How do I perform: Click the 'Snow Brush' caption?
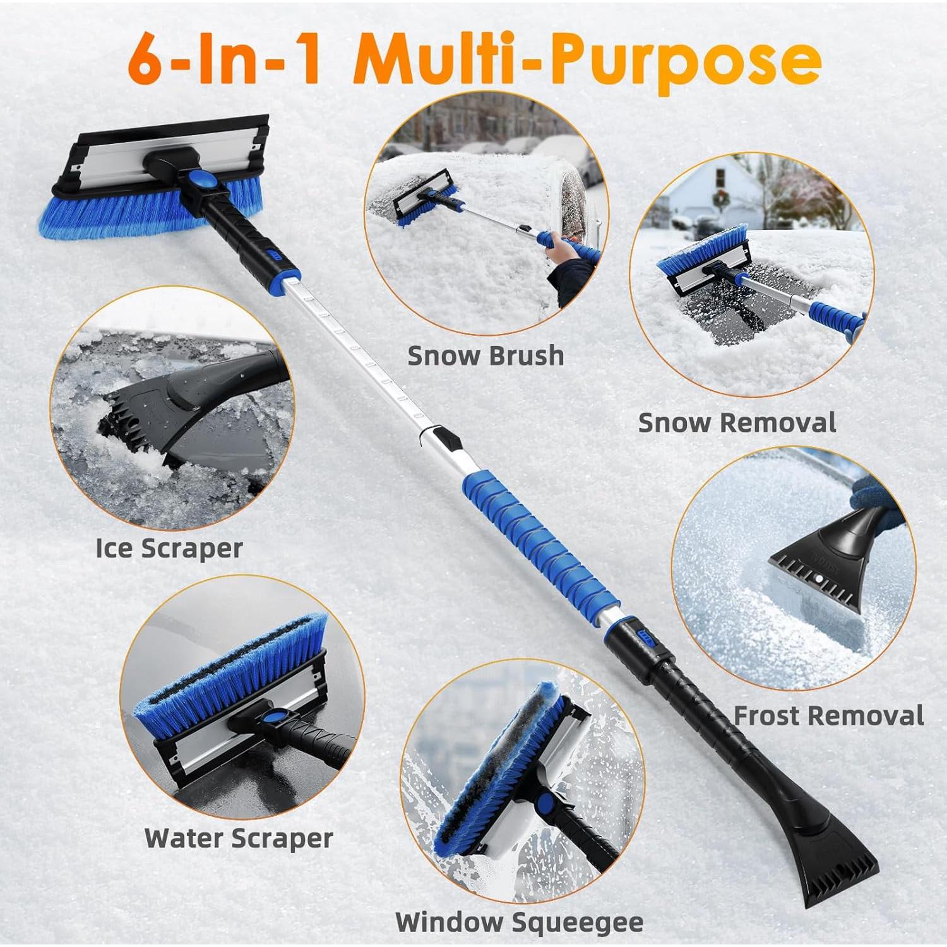coord(485,355)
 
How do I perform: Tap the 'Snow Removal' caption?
coord(737,422)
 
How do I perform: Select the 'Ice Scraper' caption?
coord(169,547)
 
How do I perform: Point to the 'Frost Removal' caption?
coord(828,715)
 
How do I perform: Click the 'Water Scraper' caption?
coord(239,838)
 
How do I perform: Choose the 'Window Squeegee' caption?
coord(519,922)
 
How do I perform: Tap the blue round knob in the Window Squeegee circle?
coord(544,805)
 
